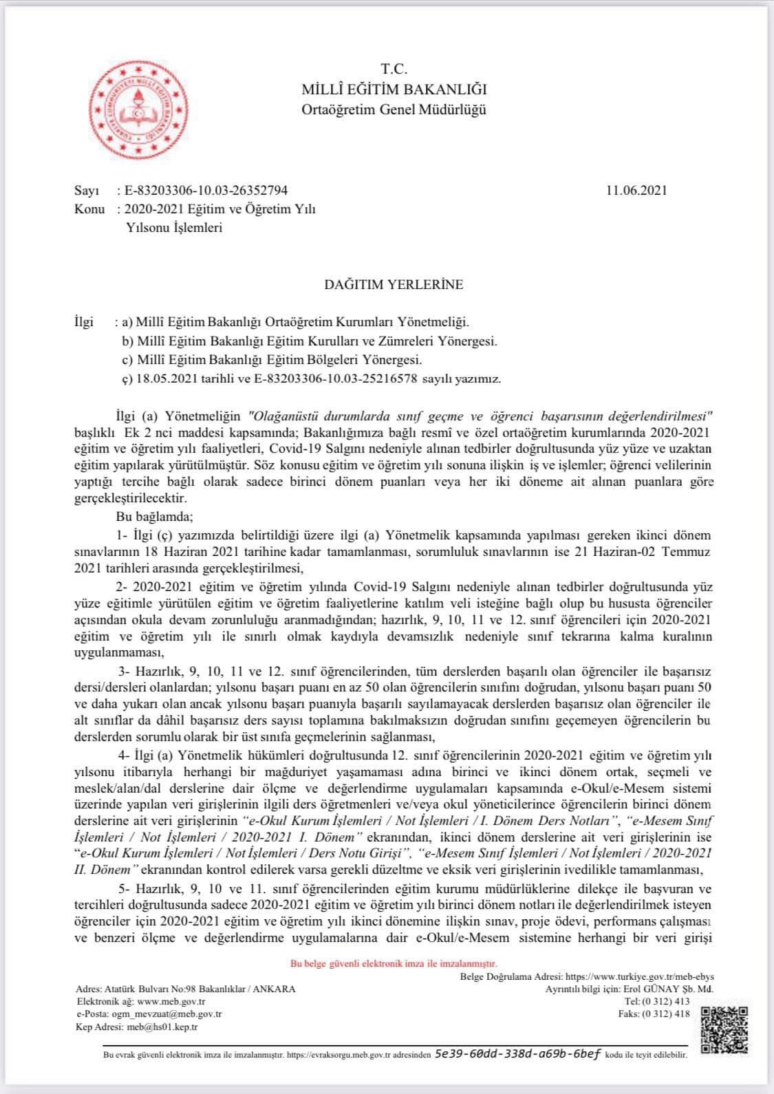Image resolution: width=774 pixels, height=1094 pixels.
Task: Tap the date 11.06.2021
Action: (636, 191)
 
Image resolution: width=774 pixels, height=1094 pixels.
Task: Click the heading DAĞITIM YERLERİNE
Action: (394, 284)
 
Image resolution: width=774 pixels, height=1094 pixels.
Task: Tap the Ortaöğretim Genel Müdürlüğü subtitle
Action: (394, 109)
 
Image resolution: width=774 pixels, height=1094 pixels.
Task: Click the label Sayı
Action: (87, 191)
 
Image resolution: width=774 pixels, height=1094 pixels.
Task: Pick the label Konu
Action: (89, 209)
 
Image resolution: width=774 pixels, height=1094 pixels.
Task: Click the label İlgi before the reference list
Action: (83, 322)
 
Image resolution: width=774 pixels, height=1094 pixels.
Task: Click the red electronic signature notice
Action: (394, 964)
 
